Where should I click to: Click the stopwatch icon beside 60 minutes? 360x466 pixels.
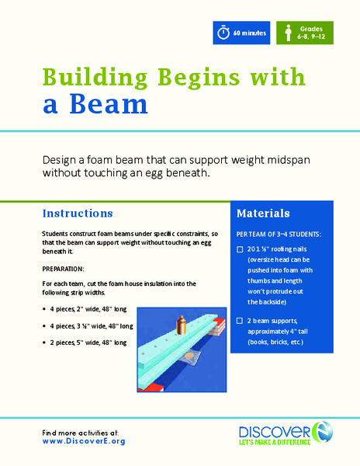point(223,33)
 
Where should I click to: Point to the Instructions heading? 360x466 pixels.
point(78,213)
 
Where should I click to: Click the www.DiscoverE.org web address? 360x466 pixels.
point(84,440)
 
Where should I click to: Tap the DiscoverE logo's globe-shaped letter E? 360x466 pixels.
point(317,429)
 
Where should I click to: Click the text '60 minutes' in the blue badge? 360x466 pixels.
point(249,33)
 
